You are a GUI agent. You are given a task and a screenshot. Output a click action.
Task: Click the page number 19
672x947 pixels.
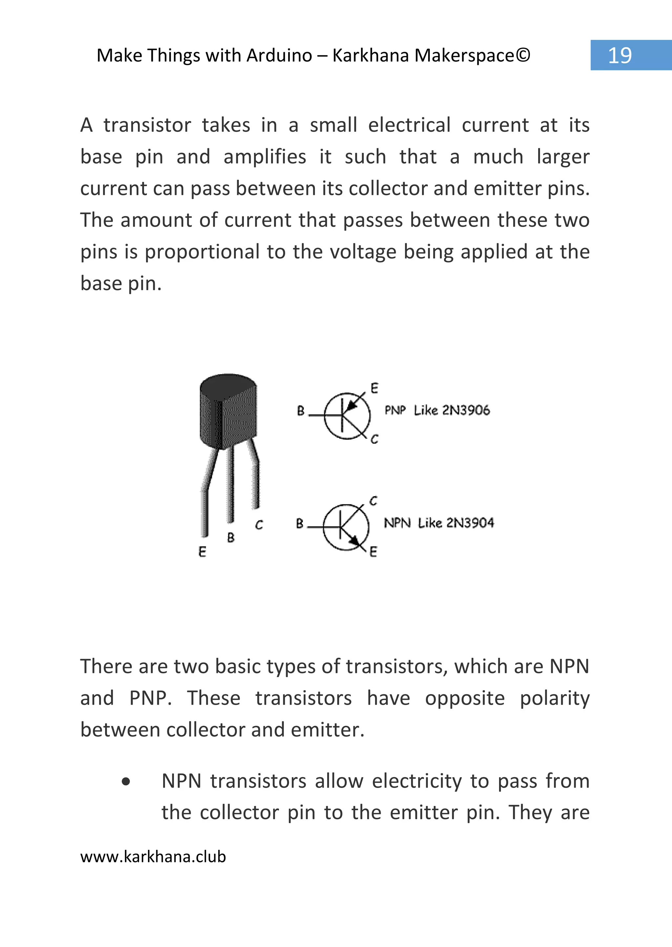[619, 55]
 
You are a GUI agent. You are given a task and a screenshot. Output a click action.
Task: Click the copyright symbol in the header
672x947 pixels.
[523, 55]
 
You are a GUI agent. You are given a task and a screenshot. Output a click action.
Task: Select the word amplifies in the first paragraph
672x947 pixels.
[265, 157]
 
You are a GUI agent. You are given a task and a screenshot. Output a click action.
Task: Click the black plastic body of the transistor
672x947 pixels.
[228, 411]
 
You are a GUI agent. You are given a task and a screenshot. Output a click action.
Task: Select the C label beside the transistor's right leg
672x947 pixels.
[259, 525]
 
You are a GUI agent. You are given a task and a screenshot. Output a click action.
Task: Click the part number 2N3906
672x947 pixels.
[466, 410]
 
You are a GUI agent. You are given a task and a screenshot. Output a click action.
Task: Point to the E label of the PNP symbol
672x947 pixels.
[374, 388]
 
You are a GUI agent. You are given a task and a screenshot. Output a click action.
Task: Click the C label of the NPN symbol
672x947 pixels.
[373, 501]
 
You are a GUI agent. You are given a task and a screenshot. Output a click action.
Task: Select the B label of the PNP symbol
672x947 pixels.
[301, 411]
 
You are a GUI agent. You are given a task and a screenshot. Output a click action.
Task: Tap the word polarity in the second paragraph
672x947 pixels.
[555, 698]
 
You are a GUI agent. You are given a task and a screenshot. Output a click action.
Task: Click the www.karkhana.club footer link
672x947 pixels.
[153, 856]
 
